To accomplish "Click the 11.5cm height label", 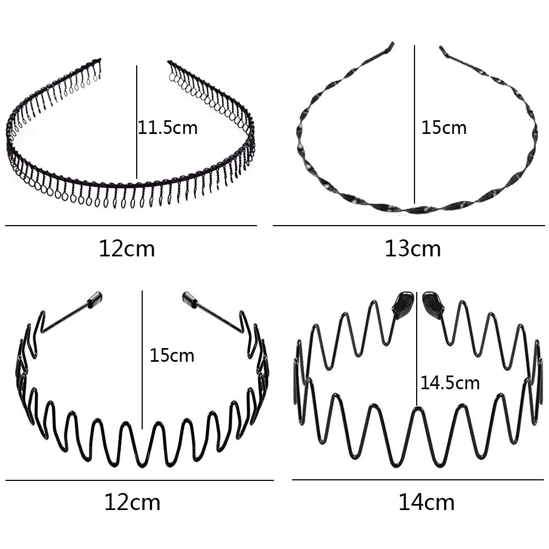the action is click(x=167, y=128).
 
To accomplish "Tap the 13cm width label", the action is click(x=412, y=249).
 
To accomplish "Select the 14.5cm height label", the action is click(x=450, y=382).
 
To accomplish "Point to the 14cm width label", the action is click(x=427, y=502).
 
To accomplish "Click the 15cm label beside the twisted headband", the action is click(x=444, y=128).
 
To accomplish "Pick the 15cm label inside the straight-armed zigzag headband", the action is click(x=172, y=355).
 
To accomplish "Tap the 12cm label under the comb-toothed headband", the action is click(x=127, y=249).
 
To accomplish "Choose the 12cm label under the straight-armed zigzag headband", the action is click(x=132, y=502).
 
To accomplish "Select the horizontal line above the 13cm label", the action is click(x=408, y=226).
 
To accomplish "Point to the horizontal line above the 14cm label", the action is click(x=417, y=480).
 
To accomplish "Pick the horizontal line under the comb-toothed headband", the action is click(x=131, y=226).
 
